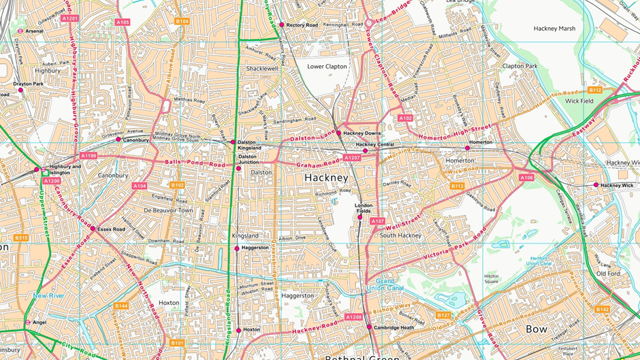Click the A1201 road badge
pos(70,18)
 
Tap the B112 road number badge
pos(595,90)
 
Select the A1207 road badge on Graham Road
pos(352,158)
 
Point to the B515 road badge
pos(21,238)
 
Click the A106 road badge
pos(526,178)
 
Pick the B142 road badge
pos(602,309)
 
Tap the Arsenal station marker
pos(20,31)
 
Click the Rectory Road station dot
pos(282,25)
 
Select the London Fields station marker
pos(360,217)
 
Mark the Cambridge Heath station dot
pos(370,327)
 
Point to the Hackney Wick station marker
pos(596,184)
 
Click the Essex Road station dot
pos(93,229)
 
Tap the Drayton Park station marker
pos(20,90)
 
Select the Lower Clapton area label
pos(327,67)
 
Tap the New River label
pos(48,296)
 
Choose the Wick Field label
pos(579,101)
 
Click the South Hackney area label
pos(401,235)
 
